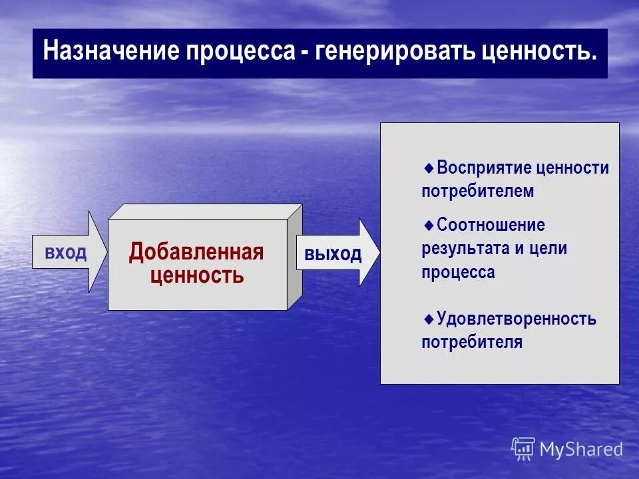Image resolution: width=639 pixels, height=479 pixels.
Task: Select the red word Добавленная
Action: [196, 252]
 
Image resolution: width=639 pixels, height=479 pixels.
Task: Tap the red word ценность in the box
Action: [197, 275]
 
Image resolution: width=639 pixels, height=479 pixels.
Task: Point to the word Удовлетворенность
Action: [517, 319]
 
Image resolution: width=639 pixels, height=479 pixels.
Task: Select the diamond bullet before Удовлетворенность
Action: [429, 318]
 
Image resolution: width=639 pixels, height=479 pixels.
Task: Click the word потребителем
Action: [477, 192]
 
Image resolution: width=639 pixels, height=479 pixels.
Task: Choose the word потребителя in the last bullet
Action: [471, 343]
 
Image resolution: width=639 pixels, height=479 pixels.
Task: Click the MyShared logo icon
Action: [523, 448]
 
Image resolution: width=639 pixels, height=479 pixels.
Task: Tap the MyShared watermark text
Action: [581, 449]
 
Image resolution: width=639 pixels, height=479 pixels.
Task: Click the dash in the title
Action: [304, 53]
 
